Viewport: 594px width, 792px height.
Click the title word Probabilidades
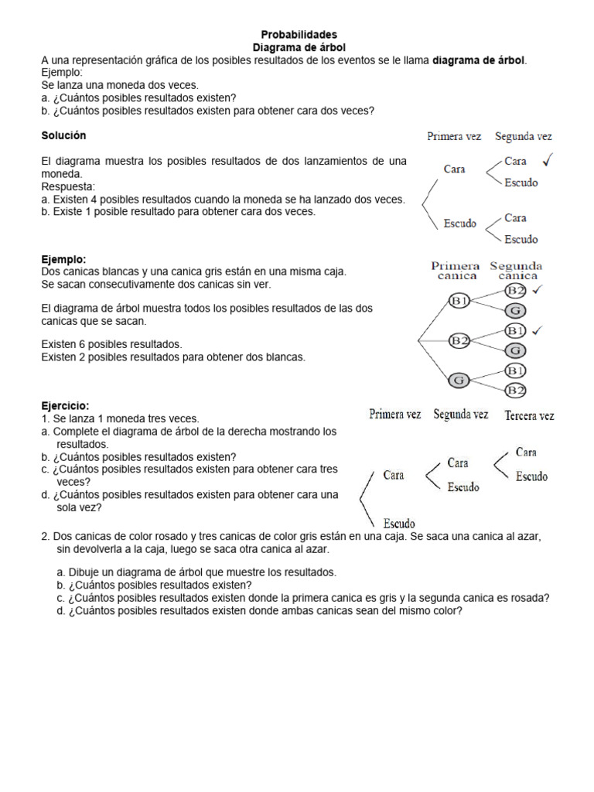[299, 35]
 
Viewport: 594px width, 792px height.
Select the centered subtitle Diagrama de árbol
[299, 48]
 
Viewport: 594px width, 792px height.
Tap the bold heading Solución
[63, 135]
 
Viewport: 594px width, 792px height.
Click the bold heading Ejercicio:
[65, 405]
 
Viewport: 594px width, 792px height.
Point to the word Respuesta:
[68, 186]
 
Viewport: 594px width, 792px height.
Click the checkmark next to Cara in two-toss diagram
[547, 160]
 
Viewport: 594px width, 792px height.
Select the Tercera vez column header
[529, 415]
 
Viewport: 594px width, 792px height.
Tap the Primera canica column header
[456, 270]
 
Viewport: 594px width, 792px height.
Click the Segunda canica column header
[517, 270]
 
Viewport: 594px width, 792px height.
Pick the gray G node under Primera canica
[459, 380]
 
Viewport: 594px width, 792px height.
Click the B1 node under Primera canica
[459, 301]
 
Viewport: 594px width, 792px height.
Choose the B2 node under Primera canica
[459, 340]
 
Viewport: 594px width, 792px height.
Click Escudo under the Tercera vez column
[531, 476]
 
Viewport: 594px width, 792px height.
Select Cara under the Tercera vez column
[526, 452]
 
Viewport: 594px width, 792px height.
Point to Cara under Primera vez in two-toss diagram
[454, 169]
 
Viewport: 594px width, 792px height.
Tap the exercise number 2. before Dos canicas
[46, 536]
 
